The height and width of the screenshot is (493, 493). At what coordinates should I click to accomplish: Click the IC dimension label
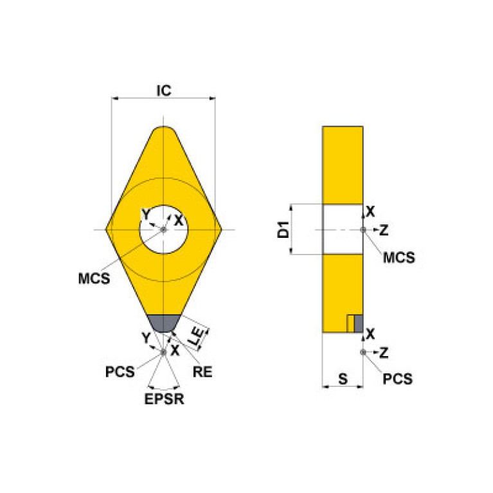164,91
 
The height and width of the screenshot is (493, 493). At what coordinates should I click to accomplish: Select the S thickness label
343,379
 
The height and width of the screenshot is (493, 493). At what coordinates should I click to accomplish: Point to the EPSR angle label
163,399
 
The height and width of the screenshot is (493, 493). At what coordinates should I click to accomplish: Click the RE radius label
202,372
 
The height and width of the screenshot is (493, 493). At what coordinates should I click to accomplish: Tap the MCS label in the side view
399,258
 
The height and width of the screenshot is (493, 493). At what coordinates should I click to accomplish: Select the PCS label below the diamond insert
121,372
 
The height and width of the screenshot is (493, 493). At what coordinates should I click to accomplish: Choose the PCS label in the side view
398,379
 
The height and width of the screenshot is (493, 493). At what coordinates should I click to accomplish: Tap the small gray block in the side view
358,323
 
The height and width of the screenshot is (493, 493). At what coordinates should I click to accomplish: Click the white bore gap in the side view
342,229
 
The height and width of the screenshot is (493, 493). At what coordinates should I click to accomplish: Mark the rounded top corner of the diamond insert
164,132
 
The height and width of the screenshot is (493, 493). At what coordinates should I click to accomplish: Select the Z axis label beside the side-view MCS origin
384,229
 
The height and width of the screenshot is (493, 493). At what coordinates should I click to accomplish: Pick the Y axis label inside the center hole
146,213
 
